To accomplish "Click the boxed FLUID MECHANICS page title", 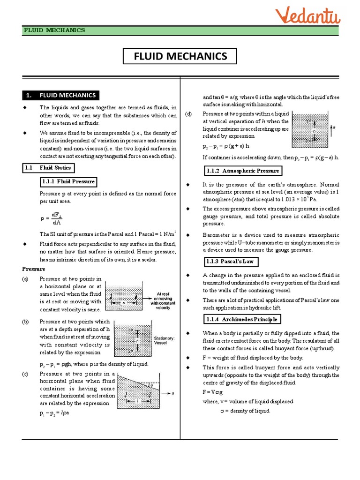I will tap(180, 57).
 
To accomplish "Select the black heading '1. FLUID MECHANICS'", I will tap(60, 95).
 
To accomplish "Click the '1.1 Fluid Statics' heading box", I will tap(48, 167).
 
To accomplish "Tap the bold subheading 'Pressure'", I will tap(33, 269).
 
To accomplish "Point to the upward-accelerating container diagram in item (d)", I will tap(310, 128).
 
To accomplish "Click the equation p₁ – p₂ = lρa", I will tap(55, 413).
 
